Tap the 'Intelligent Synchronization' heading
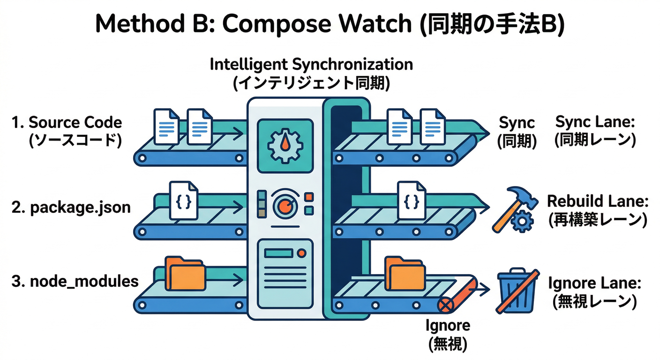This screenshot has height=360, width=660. (311, 64)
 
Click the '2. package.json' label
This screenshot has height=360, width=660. (71, 207)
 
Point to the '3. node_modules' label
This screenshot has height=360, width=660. (75, 281)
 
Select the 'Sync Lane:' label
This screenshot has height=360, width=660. (595, 122)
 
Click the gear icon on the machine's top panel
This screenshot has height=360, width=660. (285, 144)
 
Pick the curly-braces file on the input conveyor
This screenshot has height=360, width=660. (183, 201)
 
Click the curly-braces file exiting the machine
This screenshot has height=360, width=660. (411, 201)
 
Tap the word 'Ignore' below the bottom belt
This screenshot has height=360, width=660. (447, 325)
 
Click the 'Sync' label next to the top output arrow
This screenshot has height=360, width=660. (517, 123)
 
